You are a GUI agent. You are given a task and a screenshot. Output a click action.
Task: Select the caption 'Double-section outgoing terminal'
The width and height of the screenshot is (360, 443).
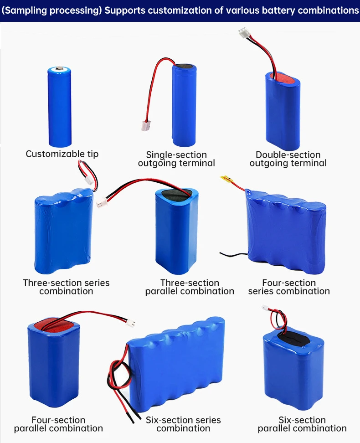coord(288,159)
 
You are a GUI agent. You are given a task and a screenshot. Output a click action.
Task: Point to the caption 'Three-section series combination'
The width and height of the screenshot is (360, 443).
coord(66,287)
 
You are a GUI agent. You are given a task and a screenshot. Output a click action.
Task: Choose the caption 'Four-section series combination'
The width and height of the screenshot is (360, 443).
coord(289,287)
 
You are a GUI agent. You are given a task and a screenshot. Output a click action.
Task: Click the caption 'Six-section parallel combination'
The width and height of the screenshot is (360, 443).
coord(302,424)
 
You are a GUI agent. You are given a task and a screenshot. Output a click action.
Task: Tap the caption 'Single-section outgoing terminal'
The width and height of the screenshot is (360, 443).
coord(176,159)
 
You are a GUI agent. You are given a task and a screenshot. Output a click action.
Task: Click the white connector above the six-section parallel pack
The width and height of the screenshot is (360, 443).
coord(265,309)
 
